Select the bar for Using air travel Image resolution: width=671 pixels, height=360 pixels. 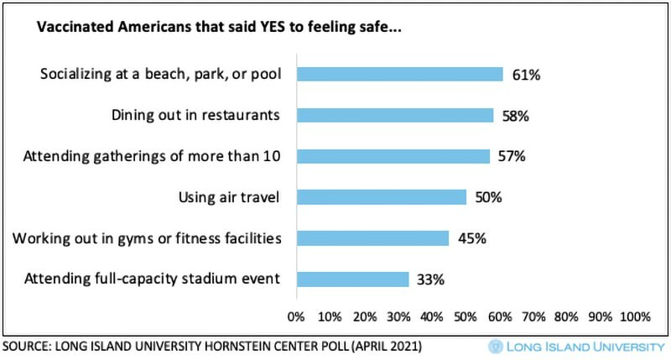point(381,197)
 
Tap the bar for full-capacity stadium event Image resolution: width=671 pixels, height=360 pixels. point(351,279)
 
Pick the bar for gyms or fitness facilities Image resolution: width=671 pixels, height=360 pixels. point(372,238)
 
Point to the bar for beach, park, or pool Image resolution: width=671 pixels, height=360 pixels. point(399,75)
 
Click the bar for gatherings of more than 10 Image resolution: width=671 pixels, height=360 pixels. point(393,156)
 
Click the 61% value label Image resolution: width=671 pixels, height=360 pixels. point(526,75)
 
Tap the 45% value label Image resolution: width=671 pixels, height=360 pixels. point(471,238)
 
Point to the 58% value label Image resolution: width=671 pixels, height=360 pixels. point(515,116)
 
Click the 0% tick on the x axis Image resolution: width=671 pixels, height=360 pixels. point(296,317)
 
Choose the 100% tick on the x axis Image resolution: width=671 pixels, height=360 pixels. point(634,317)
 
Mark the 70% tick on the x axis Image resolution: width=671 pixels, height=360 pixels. point(533,317)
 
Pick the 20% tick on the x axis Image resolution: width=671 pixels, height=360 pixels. point(364,317)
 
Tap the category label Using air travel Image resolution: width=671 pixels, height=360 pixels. point(229,197)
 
